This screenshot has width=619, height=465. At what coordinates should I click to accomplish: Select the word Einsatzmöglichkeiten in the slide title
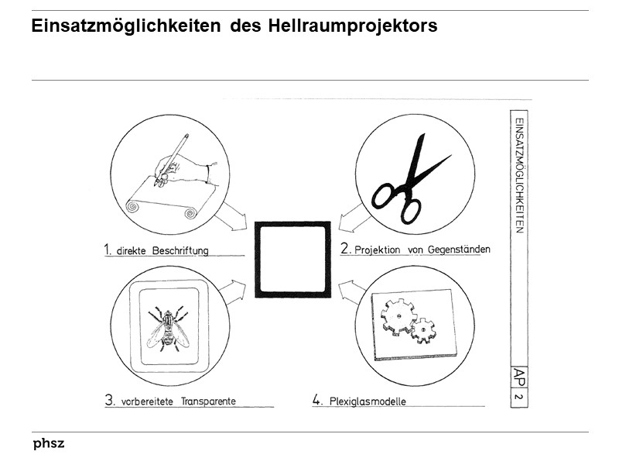[127, 26]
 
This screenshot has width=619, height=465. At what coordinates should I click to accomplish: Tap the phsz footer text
[49, 444]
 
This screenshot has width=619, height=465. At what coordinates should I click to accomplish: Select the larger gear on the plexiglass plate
[398, 315]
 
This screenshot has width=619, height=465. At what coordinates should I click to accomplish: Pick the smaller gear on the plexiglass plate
[423, 332]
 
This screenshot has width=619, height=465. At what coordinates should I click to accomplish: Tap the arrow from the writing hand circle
[231, 219]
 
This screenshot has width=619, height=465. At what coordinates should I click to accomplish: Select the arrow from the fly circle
[232, 292]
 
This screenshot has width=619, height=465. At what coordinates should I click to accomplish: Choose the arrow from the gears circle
[352, 291]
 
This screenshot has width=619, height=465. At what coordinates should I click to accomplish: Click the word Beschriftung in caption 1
[180, 251]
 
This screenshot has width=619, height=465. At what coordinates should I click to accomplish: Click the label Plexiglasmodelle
[368, 401]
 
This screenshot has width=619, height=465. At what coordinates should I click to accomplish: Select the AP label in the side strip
[519, 377]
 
